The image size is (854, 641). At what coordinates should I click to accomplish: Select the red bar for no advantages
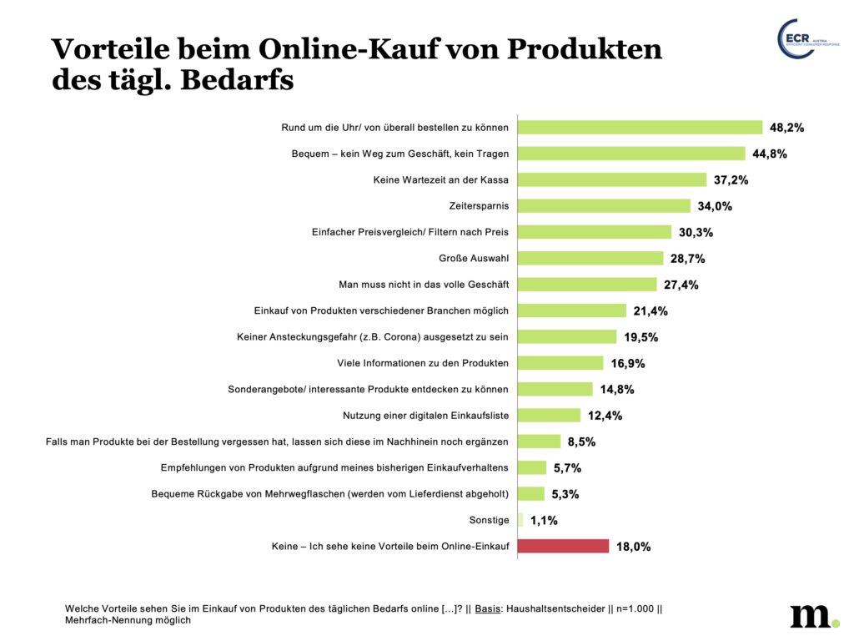point(564,546)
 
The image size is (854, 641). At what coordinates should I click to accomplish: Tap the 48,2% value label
point(786,128)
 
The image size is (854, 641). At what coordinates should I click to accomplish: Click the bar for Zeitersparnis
point(605,205)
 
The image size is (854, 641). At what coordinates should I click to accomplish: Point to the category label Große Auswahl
point(474,259)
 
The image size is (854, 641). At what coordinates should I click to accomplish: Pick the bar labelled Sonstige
point(520,520)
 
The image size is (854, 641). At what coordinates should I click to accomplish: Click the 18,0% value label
point(633,547)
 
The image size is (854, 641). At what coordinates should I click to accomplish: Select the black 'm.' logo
point(814,614)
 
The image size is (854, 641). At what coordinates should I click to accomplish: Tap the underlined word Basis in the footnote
point(488,609)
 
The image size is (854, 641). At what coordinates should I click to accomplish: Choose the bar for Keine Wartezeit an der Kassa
point(612,179)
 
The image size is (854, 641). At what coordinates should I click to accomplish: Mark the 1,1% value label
point(545,521)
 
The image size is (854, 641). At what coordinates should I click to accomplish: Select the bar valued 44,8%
point(631,154)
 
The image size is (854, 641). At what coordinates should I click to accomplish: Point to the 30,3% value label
point(696,232)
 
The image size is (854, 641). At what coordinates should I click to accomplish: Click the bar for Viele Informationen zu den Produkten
point(560,363)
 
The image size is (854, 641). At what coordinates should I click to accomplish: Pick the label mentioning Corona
point(373,337)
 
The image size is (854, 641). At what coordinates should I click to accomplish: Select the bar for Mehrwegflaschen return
point(531,493)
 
